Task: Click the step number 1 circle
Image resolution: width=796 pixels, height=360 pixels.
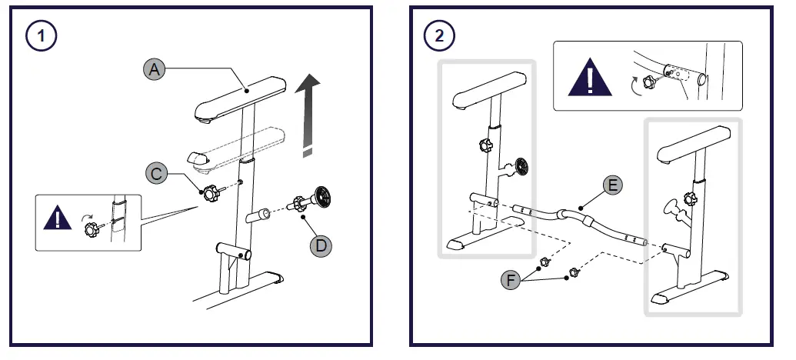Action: pyautogui.click(x=39, y=35)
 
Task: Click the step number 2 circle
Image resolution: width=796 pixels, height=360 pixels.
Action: pyautogui.click(x=439, y=35)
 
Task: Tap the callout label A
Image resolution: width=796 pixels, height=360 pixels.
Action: pyautogui.click(x=155, y=69)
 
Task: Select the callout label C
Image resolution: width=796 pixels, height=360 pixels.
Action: pyautogui.click(x=156, y=174)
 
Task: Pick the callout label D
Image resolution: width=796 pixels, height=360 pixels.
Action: pyautogui.click(x=320, y=246)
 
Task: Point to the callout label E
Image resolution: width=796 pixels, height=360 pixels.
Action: pyautogui.click(x=613, y=185)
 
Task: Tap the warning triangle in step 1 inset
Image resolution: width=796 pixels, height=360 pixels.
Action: pyautogui.click(x=58, y=218)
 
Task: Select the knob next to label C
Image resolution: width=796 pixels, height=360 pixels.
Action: pyautogui.click(x=209, y=191)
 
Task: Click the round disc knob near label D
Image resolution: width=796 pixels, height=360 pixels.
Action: pyautogui.click(x=322, y=198)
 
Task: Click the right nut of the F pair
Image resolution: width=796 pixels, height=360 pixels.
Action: pyautogui.click(x=573, y=272)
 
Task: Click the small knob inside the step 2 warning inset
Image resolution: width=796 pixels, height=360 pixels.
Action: pyautogui.click(x=648, y=82)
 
